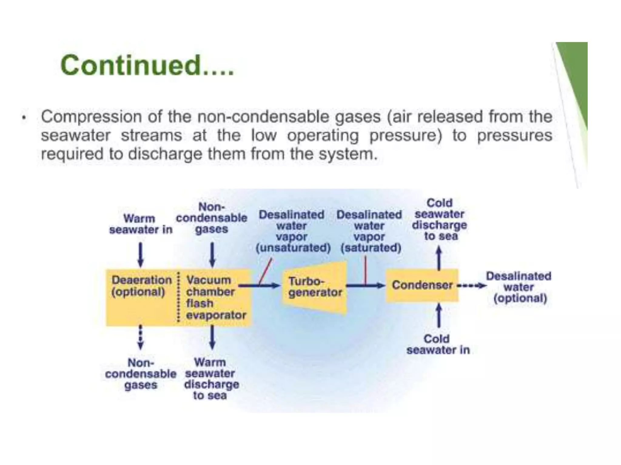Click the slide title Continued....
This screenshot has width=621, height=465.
[147, 65]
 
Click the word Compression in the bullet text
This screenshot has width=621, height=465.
[91, 117]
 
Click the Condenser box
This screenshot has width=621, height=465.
[422, 285]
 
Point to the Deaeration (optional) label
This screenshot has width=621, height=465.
[141, 286]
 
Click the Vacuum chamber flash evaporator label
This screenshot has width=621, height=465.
[216, 297]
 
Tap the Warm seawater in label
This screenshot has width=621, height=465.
[140, 224]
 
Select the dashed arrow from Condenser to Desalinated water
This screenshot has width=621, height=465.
[472, 285]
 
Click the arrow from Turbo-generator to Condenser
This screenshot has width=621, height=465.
[365, 285]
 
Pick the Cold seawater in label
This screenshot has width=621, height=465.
[438, 344]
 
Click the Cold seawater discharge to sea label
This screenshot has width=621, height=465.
[439, 219]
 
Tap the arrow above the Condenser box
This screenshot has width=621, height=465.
[439, 258]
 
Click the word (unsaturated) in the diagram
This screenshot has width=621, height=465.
[293, 248]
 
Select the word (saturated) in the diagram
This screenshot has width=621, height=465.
[371, 248]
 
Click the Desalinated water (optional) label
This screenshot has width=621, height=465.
[519, 287]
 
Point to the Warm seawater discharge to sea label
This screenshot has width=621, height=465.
[211, 379]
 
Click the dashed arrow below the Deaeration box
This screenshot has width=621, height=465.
[140, 337]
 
